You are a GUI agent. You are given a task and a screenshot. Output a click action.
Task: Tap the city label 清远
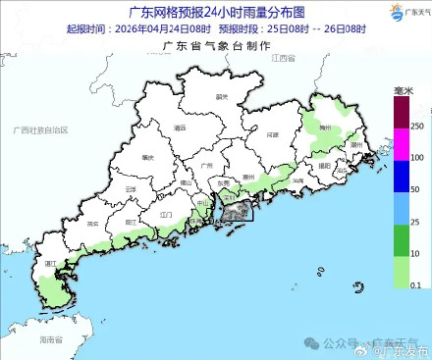click(179, 128)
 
